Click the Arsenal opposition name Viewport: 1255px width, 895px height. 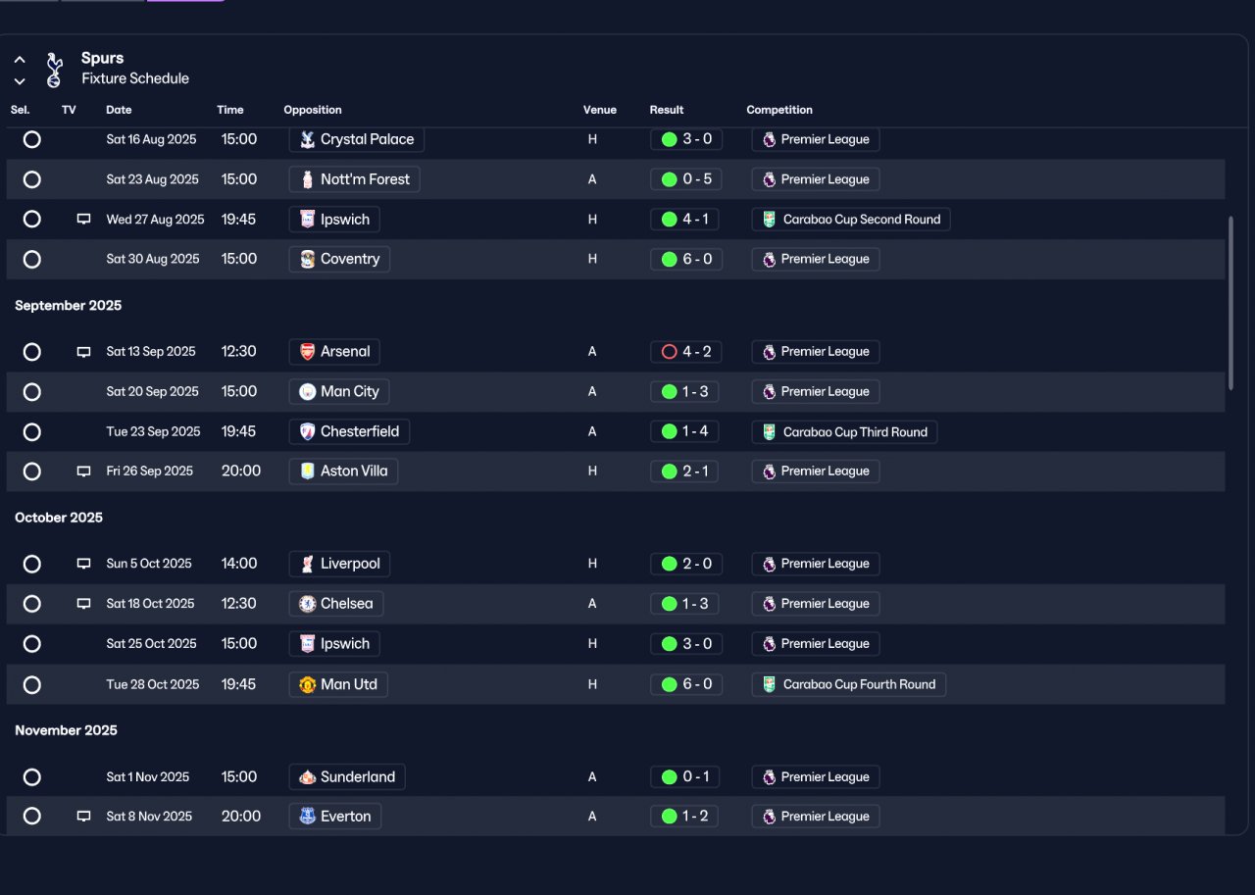344,352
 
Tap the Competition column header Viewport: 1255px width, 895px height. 778,110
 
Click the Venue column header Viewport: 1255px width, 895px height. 599,110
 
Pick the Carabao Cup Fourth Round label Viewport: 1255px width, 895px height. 859,684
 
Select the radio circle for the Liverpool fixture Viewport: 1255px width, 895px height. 32,564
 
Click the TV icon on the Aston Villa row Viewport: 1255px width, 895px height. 83,471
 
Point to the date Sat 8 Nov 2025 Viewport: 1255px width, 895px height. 149,816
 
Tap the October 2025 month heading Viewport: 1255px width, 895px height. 59,518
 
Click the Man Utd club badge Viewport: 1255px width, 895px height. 307,684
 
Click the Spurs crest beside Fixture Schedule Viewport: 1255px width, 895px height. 54,70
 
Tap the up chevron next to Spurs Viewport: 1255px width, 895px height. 20,60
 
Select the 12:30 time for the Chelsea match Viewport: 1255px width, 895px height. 238,603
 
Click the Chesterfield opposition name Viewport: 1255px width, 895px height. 360,431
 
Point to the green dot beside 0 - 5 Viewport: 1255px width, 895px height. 669,179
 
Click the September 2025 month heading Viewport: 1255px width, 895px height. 69,305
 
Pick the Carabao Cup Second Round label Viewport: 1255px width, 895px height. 862,219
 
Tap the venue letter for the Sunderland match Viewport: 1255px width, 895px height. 592,776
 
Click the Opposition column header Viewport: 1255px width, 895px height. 313,110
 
